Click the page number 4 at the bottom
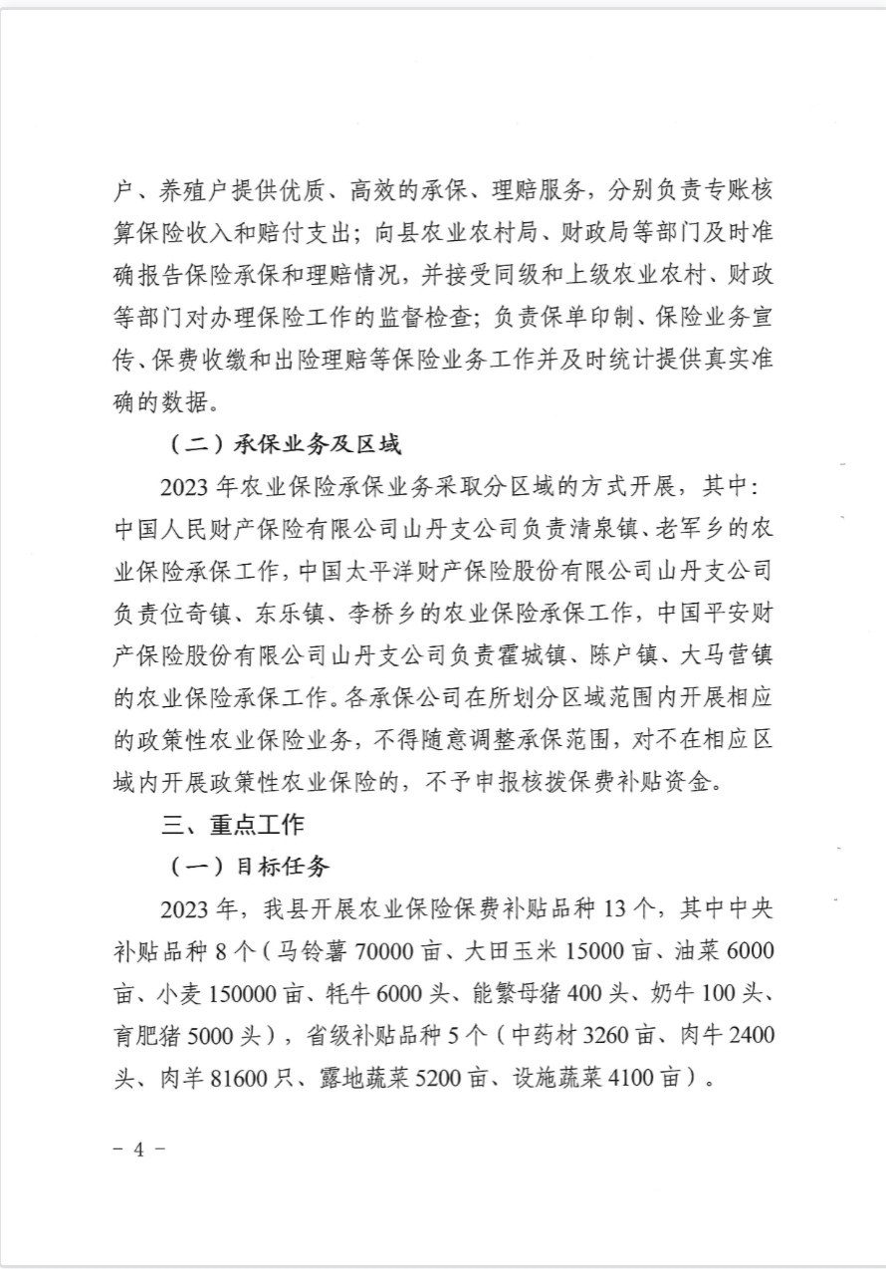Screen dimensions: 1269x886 (138, 1147)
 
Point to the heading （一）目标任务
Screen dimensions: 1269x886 (249, 867)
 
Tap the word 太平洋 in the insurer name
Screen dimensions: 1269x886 (382, 571)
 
